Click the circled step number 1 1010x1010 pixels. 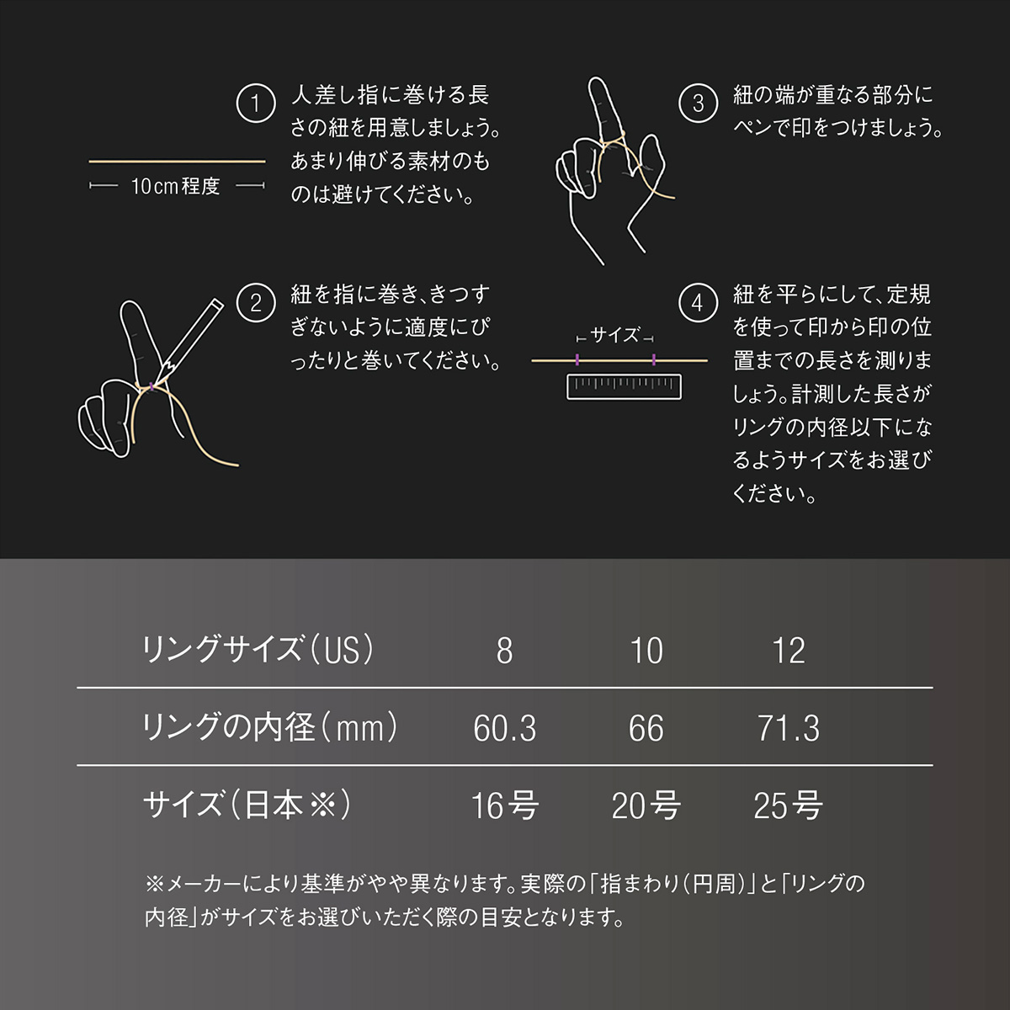tap(255, 104)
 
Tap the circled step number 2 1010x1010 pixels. tap(255, 303)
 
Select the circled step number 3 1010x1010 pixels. tap(698, 104)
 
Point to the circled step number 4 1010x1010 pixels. tap(698, 303)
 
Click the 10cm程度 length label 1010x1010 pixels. tap(176, 186)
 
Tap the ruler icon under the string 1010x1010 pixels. tap(624, 387)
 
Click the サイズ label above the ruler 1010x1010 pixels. tap(615, 336)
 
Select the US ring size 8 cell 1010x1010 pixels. tap(504, 651)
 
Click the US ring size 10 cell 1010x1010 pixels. tap(646, 651)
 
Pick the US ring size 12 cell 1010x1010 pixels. tap(789, 651)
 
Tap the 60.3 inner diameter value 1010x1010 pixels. tap(504, 728)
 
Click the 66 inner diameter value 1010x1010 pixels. tap(646, 728)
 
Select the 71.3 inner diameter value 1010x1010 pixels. tap(789, 728)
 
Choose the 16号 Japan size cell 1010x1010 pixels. tap(504, 805)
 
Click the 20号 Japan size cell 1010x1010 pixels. tap(646, 805)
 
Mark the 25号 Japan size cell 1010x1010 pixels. tap(789, 805)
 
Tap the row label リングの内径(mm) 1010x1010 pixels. tap(270, 727)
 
